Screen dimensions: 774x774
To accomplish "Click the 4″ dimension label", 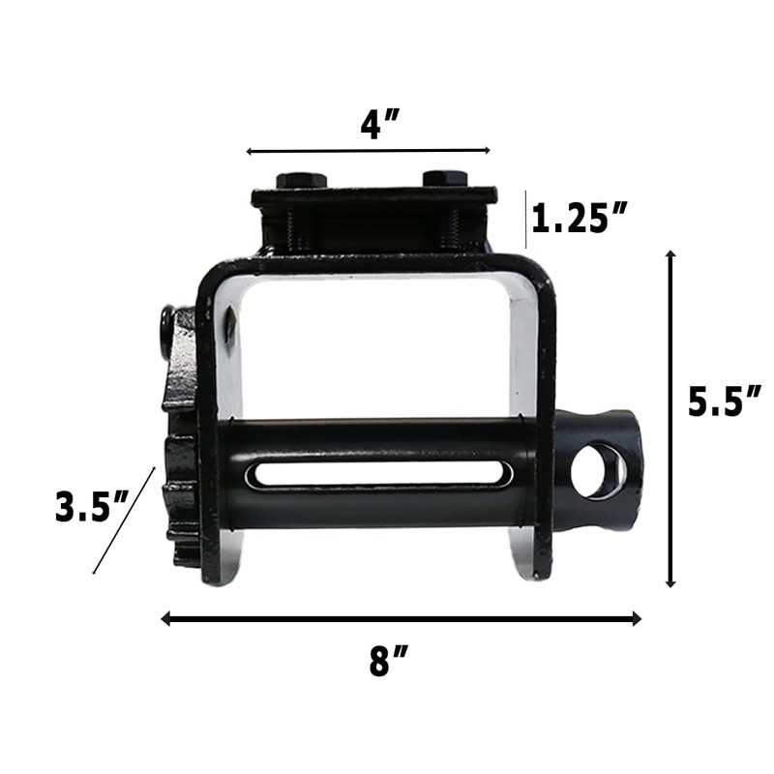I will [x=380, y=125].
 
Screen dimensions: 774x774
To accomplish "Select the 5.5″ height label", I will [x=724, y=402].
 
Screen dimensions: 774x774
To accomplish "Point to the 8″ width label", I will [x=389, y=662].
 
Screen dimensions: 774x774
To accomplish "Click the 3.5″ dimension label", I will [x=93, y=507].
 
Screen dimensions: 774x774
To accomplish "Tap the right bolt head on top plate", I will [x=445, y=179].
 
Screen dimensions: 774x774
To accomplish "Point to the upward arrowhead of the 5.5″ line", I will [x=670, y=254].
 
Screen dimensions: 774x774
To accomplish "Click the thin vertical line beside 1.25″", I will [x=527, y=219].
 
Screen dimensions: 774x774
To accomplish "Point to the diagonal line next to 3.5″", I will [x=124, y=521].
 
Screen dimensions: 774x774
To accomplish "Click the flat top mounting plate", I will [x=373, y=195].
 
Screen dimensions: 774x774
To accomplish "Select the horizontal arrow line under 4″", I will [x=368, y=151].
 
